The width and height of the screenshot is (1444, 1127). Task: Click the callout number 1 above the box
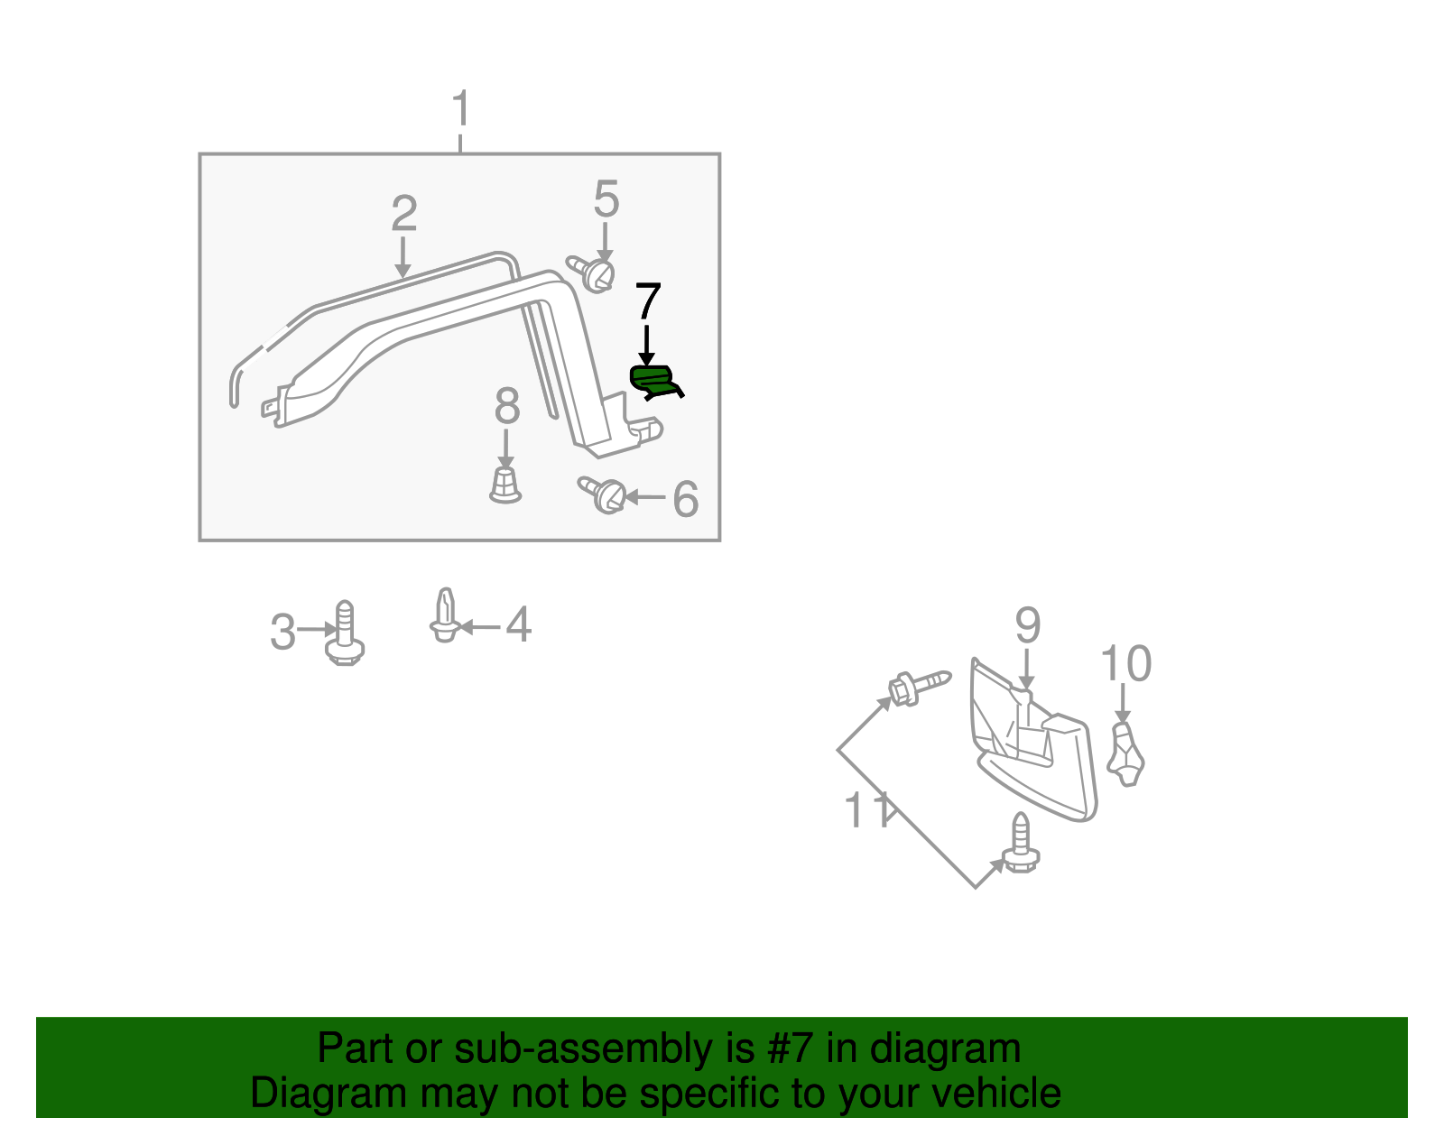(460, 109)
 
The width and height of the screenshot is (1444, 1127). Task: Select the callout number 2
(403, 215)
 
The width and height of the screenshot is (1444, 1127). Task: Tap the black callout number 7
(648, 301)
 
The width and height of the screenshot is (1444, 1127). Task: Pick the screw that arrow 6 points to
(604, 494)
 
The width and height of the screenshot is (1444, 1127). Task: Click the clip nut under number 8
(505, 485)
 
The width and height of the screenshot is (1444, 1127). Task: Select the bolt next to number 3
(345, 635)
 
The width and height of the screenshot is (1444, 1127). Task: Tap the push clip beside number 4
(444, 616)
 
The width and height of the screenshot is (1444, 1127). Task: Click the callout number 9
(1027, 625)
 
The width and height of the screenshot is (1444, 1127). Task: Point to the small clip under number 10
(1125, 754)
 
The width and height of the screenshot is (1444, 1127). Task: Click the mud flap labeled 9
(1038, 749)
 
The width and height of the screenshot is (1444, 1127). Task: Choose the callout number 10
(1125, 664)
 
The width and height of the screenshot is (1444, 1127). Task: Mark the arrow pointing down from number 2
(403, 257)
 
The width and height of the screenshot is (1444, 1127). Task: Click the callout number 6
(686, 499)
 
